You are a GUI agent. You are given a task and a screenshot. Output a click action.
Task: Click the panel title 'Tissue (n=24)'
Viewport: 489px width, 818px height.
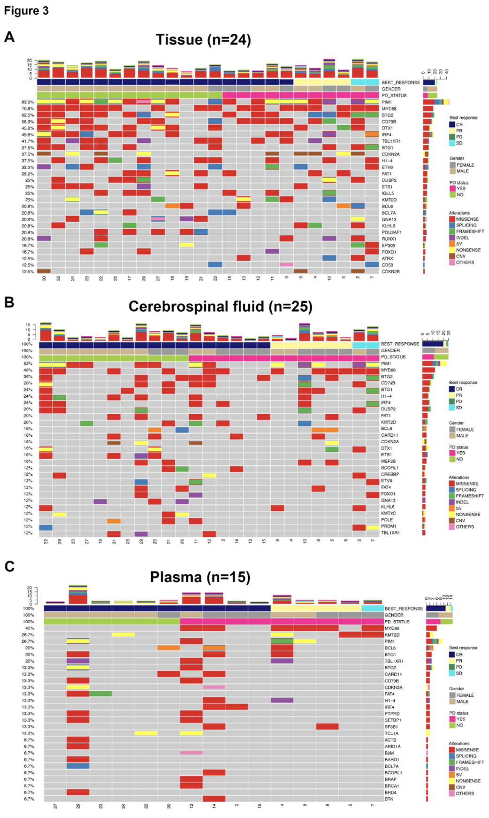coord(203,40)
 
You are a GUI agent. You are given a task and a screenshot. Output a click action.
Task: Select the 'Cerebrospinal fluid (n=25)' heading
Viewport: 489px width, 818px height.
coord(220,307)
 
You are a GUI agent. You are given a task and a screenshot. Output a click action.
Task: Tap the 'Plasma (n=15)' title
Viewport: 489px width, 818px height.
coord(200,577)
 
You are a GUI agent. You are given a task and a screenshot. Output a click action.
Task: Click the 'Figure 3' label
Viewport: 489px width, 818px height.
coord(26,11)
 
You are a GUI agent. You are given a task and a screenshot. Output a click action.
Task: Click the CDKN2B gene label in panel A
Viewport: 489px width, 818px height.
coord(390,271)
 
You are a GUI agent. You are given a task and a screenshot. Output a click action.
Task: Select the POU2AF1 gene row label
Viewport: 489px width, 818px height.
coord(391,232)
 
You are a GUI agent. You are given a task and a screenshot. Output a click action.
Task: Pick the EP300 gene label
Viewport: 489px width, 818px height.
coord(388,246)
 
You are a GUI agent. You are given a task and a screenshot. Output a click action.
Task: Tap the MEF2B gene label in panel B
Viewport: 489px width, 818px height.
coord(388,461)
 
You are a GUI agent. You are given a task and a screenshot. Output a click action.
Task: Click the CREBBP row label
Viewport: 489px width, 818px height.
coord(390,474)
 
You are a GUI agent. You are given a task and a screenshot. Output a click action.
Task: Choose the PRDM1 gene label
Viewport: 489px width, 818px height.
coord(389,526)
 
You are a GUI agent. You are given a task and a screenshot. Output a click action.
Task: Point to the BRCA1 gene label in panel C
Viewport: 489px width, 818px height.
coord(392,786)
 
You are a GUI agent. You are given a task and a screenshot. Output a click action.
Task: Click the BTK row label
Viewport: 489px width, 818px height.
coord(389,799)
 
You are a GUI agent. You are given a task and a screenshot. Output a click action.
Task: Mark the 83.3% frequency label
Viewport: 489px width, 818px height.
coord(28,102)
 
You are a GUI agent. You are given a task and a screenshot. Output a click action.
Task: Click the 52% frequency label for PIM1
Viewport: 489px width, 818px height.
coord(28,363)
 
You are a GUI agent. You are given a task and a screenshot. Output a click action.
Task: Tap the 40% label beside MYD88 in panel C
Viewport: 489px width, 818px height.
coord(30,628)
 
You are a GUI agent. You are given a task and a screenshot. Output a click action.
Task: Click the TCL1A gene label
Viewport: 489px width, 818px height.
coord(391,733)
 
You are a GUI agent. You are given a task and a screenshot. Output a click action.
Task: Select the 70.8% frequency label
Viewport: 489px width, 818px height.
coord(28,108)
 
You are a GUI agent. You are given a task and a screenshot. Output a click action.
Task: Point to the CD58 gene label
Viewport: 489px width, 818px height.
coord(387,265)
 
